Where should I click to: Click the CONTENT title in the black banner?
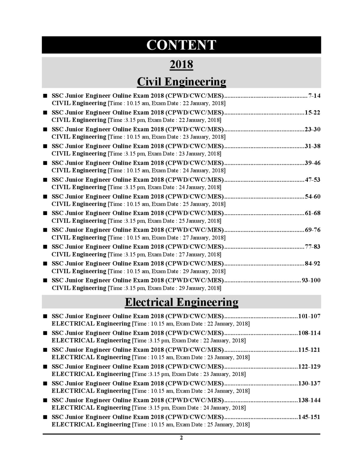point(181,45)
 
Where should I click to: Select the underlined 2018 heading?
point(181,64)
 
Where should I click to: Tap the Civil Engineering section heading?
point(181,81)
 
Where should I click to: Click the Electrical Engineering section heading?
point(181,302)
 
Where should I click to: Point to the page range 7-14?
point(314,96)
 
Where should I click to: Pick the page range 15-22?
point(312,113)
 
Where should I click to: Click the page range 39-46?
point(312,163)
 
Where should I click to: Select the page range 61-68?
point(312,213)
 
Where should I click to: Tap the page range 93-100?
point(311,280)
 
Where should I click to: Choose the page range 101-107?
point(309,316)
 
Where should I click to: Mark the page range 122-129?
point(309,367)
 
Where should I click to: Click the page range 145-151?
point(309,417)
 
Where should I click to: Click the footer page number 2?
point(181,438)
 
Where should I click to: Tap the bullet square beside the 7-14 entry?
point(45,96)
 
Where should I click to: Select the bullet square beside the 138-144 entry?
point(45,400)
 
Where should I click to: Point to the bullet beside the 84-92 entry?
point(45,263)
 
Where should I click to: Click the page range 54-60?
point(312,197)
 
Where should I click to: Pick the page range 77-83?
point(312,247)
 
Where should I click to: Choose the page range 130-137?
point(309,383)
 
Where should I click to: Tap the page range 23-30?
point(312,129)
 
